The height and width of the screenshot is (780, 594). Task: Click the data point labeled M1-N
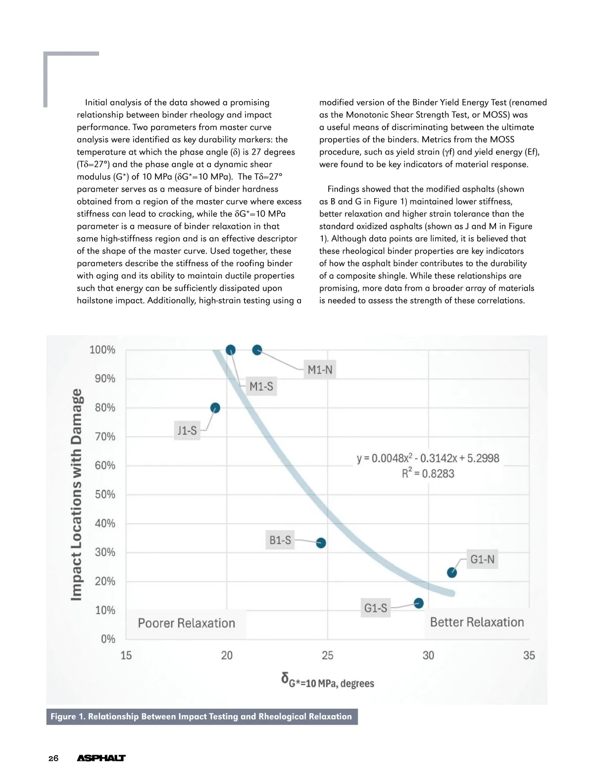pyautogui.click(x=257, y=350)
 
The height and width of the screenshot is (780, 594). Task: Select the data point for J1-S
pyautogui.click(x=215, y=408)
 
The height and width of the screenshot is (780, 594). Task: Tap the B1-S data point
pyautogui.click(x=321, y=543)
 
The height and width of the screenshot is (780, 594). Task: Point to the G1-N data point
pyautogui.click(x=452, y=573)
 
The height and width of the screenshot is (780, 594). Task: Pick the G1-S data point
pyautogui.click(x=419, y=603)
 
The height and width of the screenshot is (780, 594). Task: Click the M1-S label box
pyautogui.click(x=261, y=387)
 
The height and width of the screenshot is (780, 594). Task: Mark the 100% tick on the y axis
pyautogui.click(x=102, y=350)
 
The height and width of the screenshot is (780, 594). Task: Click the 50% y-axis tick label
pyautogui.click(x=105, y=495)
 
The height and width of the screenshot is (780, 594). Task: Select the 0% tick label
pyautogui.click(x=108, y=639)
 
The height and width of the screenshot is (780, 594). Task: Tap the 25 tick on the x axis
pyautogui.click(x=328, y=656)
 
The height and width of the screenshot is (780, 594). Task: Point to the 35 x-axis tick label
pyautogui.click(x=529, y=656)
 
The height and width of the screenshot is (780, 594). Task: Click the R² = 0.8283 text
pyautogui.click(x=428, y=473)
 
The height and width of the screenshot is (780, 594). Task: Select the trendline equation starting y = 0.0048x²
pyautogui.click(x=428, y=458)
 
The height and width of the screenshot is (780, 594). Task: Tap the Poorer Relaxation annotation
pyautogui.click(x=186, y=623)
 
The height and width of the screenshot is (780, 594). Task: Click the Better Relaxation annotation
pyautogui.click(x=477, y=623)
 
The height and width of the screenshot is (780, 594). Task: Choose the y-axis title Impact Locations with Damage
pyautogui.click(x=76, y=495)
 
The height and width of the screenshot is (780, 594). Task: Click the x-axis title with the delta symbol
pyautogui.click(x=328, y=681)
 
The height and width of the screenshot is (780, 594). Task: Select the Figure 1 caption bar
pyautogui.click(x=201, y=717)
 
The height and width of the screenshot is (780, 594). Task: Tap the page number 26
pyautogui.click(x=53, y=758)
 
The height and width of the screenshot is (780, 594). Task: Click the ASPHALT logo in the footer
pyautogui.click(x=101, y=758)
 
